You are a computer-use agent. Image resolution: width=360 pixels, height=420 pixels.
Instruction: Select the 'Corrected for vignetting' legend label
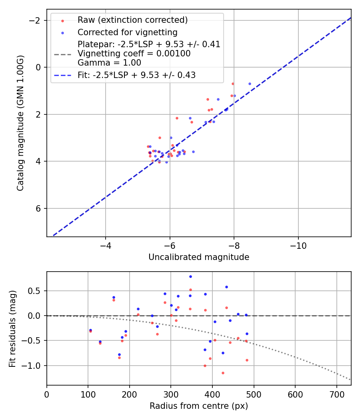pyautogui.click(x=127, y=32)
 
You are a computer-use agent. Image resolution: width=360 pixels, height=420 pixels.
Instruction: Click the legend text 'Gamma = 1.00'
pyautogui.click(x=109, y=63)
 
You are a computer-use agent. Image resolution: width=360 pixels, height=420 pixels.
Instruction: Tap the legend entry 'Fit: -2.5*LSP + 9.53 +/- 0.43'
pyautogui.click(x=136, y=75)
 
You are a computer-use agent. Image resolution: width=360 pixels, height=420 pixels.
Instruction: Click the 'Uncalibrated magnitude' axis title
pyautogui.click(x=199, y=257)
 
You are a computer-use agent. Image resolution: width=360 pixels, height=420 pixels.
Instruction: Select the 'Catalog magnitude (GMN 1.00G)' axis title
pyautogui.click(x=20, y=123)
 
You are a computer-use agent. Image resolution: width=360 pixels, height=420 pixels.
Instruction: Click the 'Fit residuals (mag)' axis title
pyautogui.click(x=12, y=328)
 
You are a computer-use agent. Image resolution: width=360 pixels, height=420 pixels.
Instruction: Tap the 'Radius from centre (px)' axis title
pyautogui.click(x=199, y=406)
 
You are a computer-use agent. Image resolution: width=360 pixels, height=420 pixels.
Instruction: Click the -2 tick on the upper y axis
pyautogui.click(x=36, y=20)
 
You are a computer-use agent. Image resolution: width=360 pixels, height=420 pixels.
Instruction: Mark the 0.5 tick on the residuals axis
pyautogui.click(x=37, y=291)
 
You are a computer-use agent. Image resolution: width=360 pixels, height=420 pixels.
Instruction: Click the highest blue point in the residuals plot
pyautogui.click(x=190, y=276)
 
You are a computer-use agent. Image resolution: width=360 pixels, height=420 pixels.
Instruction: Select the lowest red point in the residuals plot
pyautogui.click(x=223, y=373)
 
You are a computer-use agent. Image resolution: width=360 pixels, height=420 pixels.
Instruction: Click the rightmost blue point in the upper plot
pyautogui.click(x=250, y=84)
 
